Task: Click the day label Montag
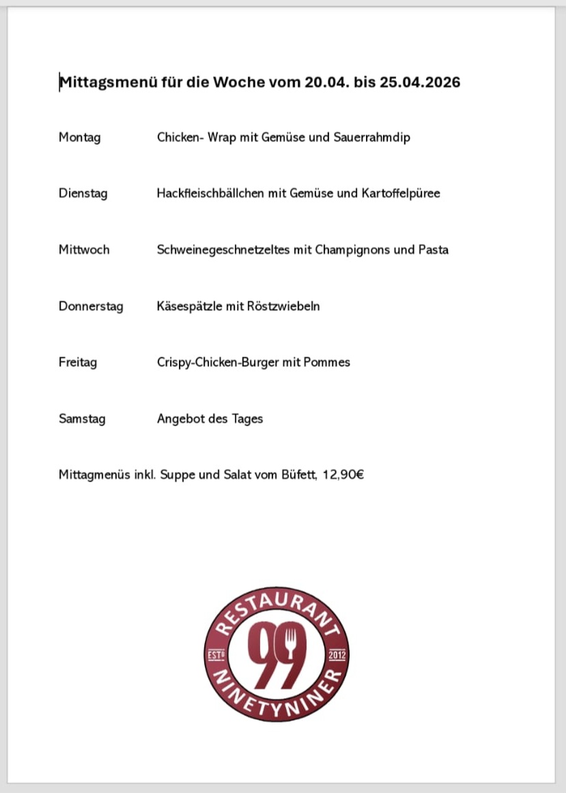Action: click(79, 137)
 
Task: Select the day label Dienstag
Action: click(83, 193)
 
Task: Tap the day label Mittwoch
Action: click(84, 249)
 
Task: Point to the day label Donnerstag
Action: click(91, 306)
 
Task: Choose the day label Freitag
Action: click(78, 362)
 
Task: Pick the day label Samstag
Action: click(82, 419)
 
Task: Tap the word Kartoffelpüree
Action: click(401, 193)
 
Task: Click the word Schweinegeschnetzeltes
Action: click(224, 249)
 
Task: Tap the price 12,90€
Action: click(343, 475)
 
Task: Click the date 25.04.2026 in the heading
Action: click(420, 83)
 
